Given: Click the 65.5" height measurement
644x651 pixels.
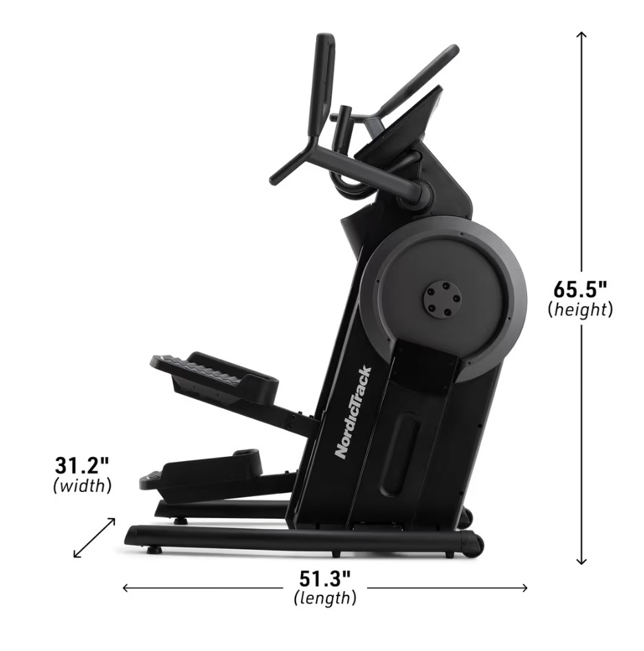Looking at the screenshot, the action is (x=580, y=289).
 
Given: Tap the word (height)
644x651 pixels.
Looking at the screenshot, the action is (x=580, y=310).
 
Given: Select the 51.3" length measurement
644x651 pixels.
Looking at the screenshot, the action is (x=324, y=579).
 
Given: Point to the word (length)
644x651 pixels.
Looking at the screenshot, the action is (x=324, y=598).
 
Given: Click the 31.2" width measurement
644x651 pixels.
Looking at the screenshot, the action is (x=82, y=465).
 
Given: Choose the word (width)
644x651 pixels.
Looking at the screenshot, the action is (x=82, y=485).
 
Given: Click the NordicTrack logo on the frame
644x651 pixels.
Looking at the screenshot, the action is (x=353, y=412).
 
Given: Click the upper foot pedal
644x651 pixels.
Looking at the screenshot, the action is (x=214, y=374).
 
